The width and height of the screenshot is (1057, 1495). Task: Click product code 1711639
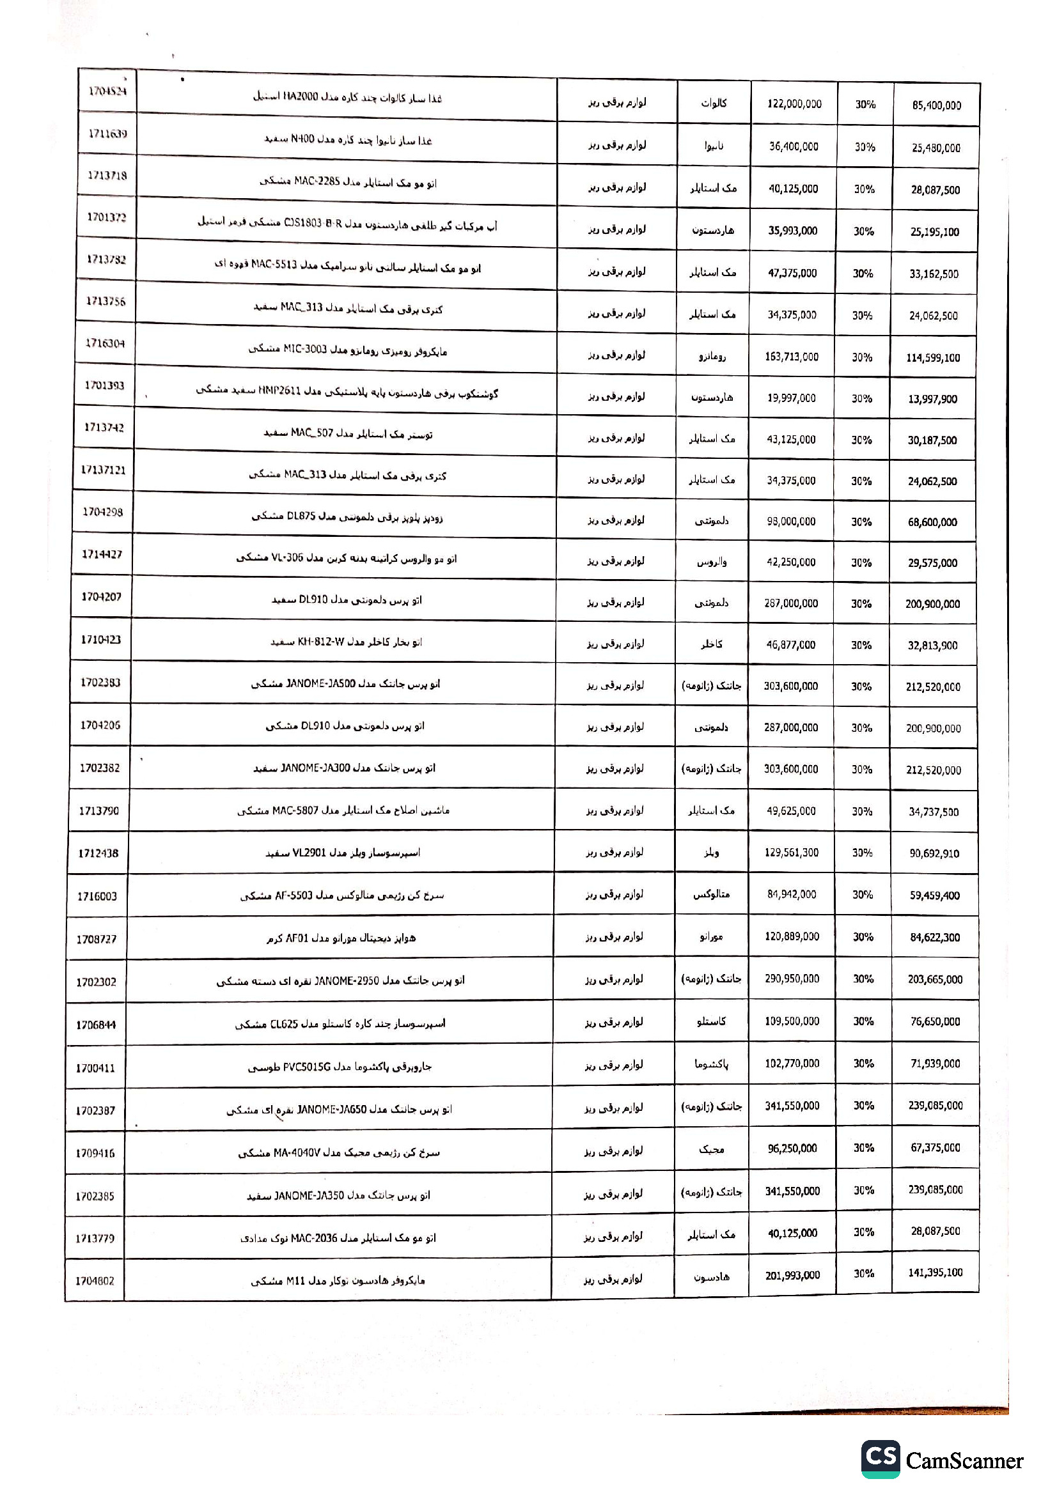pos(107,134)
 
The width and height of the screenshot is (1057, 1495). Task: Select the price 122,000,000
pos(794,104)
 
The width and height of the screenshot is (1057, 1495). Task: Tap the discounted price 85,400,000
pos(936,105)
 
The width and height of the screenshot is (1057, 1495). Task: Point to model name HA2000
pos(301,97)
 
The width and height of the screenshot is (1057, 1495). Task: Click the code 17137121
pos(103,470)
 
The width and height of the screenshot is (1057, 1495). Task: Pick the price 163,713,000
pos(791,357)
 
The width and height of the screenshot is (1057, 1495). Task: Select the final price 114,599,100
pos(932,357)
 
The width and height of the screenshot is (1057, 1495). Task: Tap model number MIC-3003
pos(305,350)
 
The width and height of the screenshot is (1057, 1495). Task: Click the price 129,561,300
pos(791,853)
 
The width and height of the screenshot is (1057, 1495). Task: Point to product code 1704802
pos(95,1281)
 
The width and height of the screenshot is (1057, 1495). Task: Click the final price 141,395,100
pos(936,1273)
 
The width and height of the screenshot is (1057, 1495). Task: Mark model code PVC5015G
pos(308,1067)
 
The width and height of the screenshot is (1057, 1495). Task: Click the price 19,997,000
pos(791,398)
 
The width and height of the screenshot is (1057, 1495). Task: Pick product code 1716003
pos(97,896)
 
